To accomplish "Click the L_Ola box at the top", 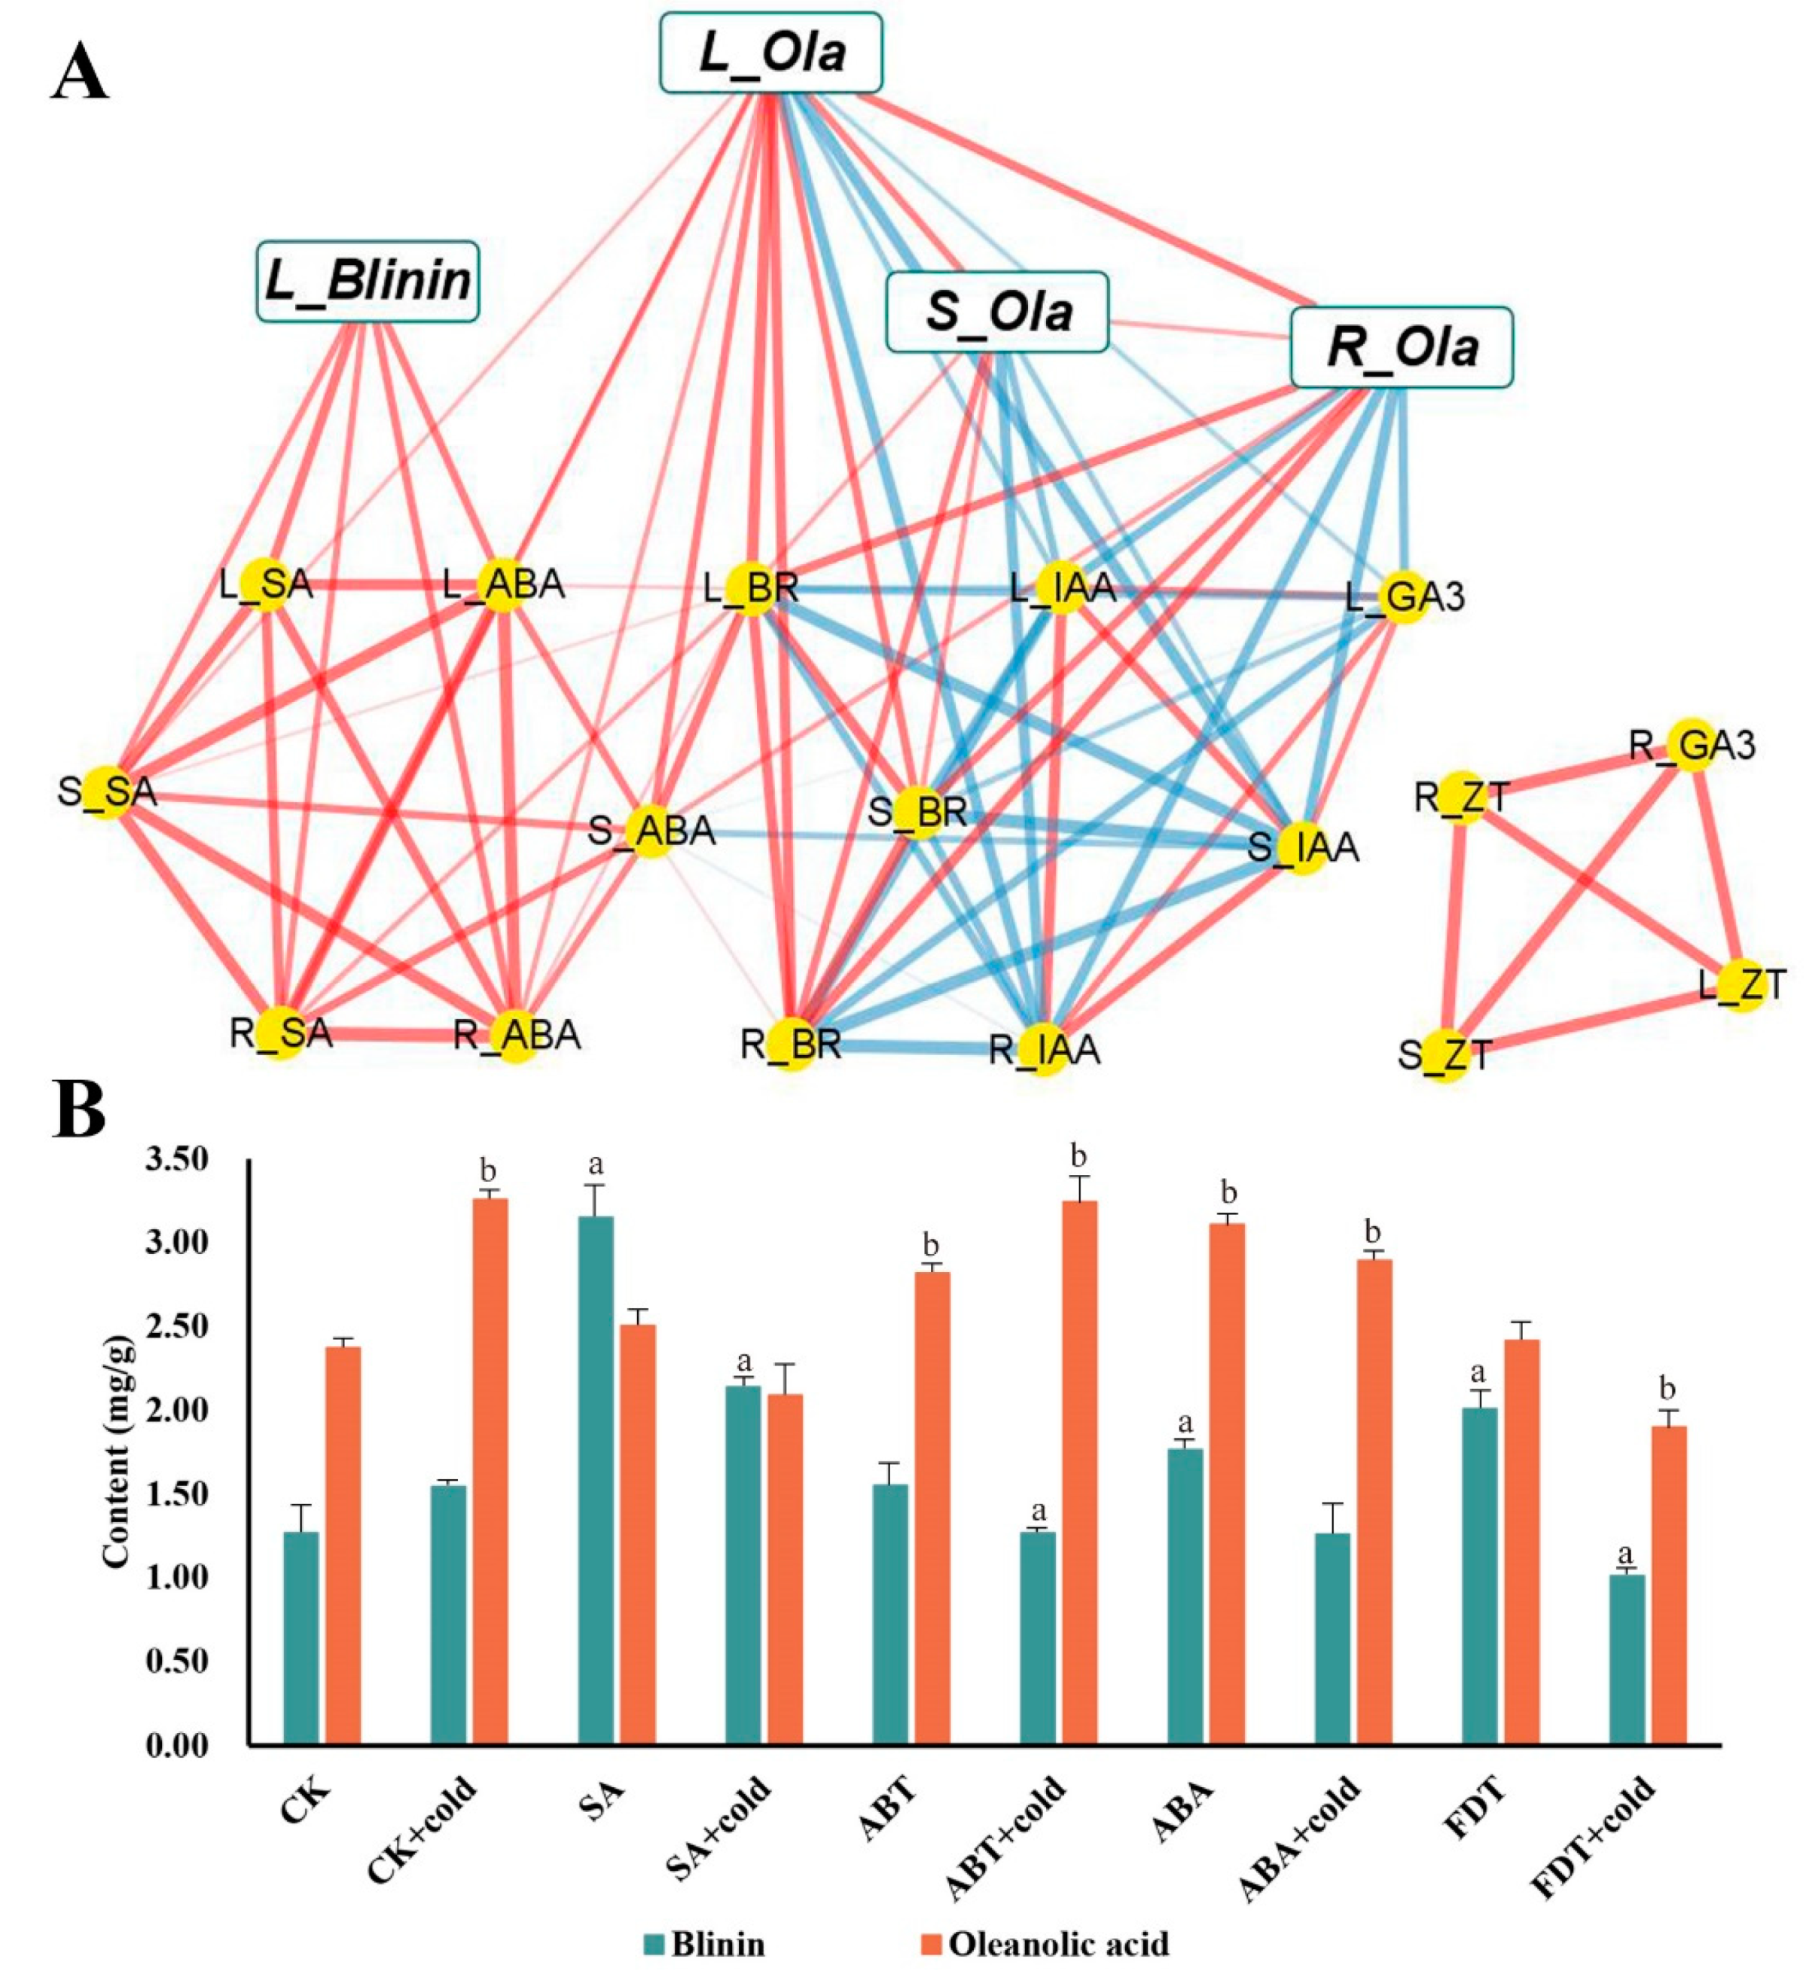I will [x=770, y=53].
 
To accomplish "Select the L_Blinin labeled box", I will [x=368, y=282].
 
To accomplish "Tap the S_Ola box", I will [x=997, y=312].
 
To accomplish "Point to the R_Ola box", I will [x=1401, y=347].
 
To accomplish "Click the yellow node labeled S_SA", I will [x=105, y=792].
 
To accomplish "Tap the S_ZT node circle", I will [x=1445, y=1055].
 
